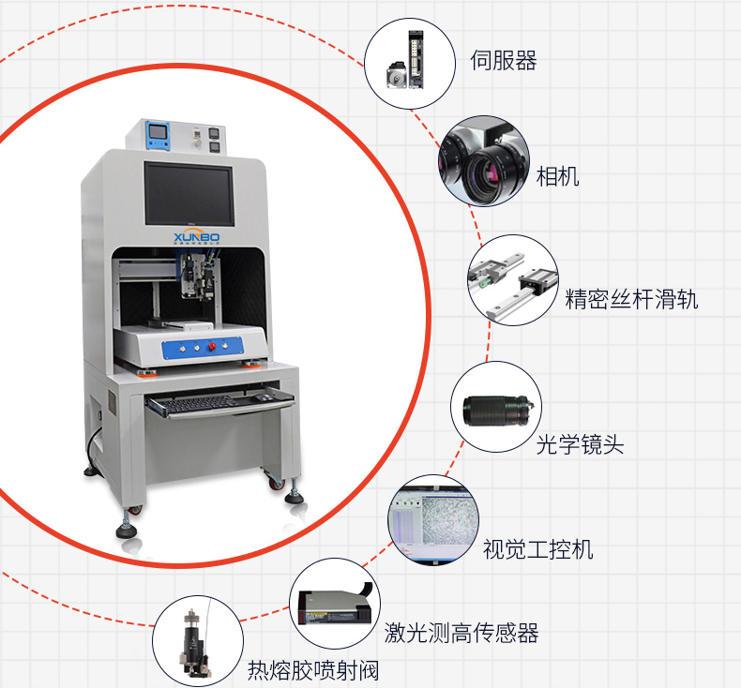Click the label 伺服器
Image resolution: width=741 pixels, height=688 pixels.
(x=503, y=62)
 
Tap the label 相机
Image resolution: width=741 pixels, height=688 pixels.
(x=557, y=175)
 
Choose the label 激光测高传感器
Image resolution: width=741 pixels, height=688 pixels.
(x=461, y=634)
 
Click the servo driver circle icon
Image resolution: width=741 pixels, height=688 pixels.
(x=405, y=61)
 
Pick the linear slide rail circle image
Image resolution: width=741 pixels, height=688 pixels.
(x=512, y=280)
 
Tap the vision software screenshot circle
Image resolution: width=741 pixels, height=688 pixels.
(x=433, y=519)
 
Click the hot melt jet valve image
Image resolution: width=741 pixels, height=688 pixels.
(x=197, y=642)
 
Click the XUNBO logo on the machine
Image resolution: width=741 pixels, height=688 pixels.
(x=196, y=238)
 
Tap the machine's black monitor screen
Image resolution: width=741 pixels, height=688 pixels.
(x=188, y=193)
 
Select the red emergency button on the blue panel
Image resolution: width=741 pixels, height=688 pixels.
(x=212, y=347)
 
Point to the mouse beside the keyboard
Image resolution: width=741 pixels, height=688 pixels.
(x=265, y=397)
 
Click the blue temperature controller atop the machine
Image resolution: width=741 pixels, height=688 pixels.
(x=157, y=133)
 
